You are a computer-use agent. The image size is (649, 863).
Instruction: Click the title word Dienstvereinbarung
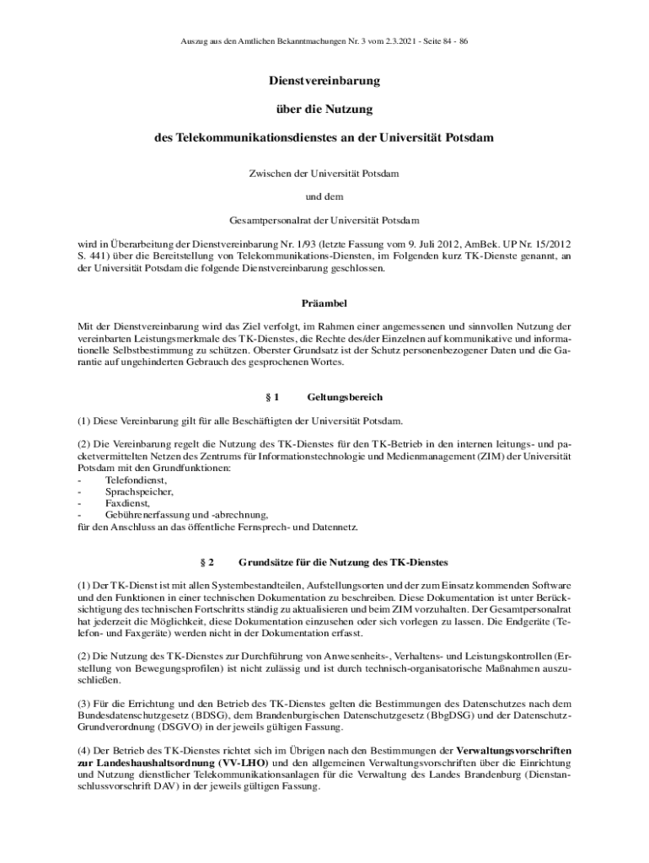(324, 82)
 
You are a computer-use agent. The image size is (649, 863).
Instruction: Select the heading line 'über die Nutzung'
(324, 109)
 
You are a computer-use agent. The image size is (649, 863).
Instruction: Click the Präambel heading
(324, 303)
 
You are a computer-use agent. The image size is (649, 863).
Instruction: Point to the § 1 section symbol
(271, 396)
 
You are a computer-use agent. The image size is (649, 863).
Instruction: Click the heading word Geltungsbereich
(346, 396)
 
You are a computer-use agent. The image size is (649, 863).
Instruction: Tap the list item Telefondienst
(130, 480)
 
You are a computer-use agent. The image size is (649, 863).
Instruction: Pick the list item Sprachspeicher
(128, 491)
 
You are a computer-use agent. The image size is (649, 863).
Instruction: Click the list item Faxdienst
(121, 503)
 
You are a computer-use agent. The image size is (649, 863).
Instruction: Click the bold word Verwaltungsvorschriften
(514, 750)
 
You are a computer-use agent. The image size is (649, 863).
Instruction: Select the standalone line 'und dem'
(324, 197)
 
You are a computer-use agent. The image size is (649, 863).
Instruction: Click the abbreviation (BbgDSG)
(450, 715)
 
